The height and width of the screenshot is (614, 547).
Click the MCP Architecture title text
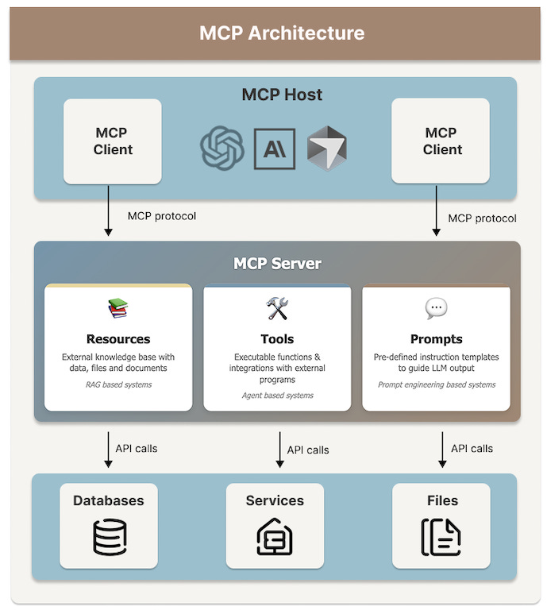282,33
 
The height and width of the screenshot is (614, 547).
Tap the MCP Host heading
282,95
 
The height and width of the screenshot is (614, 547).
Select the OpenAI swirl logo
221,149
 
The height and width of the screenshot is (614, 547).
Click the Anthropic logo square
275,149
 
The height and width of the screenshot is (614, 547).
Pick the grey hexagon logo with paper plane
327,148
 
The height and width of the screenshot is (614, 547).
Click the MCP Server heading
277,263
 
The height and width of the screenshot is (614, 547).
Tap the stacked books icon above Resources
118,308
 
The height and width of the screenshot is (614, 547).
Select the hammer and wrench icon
277,308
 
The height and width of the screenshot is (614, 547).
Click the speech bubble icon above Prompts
436,307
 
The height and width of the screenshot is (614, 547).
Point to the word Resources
118,339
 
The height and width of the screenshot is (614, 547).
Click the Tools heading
277,339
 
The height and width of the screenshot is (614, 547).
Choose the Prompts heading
436,339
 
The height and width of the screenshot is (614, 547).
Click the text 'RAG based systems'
118,384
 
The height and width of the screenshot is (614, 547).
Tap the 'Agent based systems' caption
277,395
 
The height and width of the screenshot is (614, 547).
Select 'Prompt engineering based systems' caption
436,384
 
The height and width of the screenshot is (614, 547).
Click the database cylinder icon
110,537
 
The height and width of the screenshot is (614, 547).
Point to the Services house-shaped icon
275,537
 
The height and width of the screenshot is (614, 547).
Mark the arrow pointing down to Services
279,450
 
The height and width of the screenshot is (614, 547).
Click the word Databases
109,500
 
